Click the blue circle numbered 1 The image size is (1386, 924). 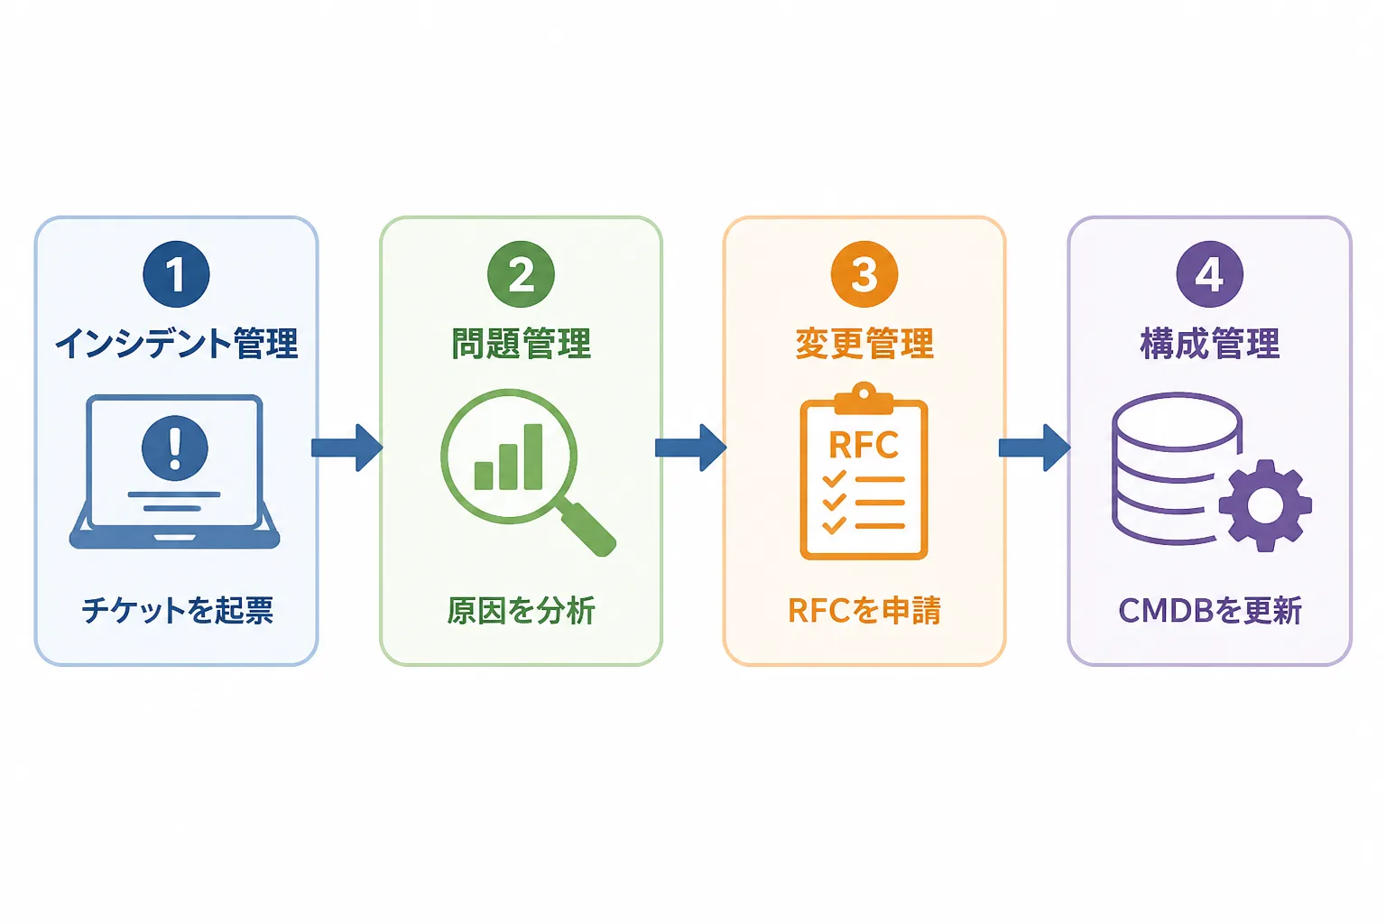[x=176, y=274]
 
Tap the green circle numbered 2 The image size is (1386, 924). [x=521, y=274]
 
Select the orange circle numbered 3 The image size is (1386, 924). [x=864, y=274]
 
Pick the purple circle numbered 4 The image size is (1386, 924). [x=1210, y=274]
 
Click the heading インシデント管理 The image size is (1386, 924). [x=177, y=344]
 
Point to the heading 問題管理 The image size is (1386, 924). [x=521, y=344]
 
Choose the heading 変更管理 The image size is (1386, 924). [x=864, y=344]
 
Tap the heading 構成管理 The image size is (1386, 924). [x=1210, y=344]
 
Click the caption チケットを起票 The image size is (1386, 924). [x=178, y=611]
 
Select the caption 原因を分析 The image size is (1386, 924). [x=521, y=611]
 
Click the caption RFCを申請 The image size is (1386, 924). [x=864, y=611]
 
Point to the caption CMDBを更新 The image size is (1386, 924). [x=1210, y=611]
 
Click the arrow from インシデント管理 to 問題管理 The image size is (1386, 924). [x=347, y=448]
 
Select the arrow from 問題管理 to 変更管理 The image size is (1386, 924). [x=691, y=448]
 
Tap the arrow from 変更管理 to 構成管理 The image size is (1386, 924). [x=1035, y=448]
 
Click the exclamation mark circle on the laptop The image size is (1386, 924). [x=175, y=448]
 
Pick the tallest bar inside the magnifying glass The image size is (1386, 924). [x=533, y=457]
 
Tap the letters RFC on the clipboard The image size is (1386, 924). [x=864, y=445]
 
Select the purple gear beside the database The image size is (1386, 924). [x=1265, y=505]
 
